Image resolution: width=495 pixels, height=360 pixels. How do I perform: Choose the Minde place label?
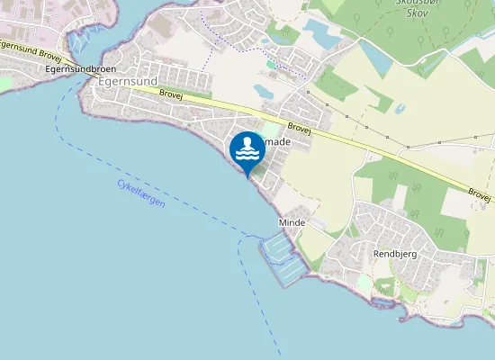[x=292, y=222]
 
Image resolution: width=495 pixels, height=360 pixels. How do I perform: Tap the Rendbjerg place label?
[x=394, y=255]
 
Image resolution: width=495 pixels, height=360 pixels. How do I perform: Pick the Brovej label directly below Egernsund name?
[x=170, y=93]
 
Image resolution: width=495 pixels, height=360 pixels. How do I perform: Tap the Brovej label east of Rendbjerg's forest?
[x=480, y=194]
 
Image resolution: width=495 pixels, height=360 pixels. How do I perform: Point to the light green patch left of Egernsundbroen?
[x=4, y=83]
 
